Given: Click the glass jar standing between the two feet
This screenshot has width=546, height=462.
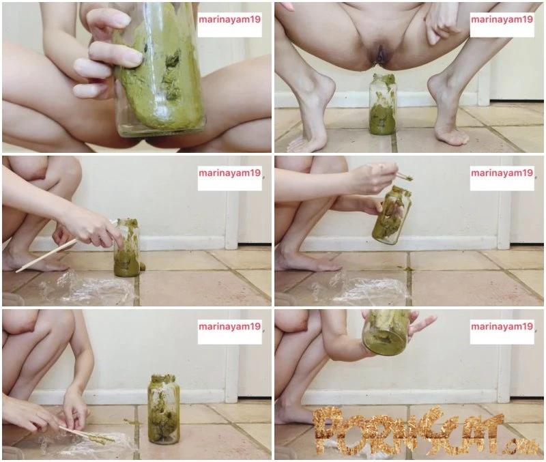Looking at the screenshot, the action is pos(382,104).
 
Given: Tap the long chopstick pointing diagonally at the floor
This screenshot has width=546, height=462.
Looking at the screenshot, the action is pos(66,246).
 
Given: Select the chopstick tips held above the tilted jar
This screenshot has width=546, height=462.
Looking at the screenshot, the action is pos(405,177).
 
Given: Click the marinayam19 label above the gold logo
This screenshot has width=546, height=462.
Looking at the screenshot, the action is pos(502,326).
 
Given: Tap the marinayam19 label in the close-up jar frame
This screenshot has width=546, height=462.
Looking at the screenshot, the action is pos(229,20).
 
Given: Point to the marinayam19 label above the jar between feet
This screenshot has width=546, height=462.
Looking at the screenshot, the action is pos(502,20).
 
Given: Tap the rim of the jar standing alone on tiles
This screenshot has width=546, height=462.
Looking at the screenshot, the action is pos(163,378).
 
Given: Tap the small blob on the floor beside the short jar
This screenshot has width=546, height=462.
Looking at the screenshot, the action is pos(143,267).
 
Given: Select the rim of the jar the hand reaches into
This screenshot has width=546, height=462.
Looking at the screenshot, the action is pos(127,221).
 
